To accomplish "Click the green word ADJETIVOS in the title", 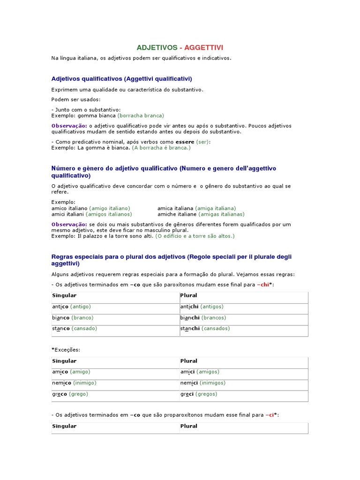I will coord(157,48).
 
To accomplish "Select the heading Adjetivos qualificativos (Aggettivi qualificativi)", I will coord(121,79).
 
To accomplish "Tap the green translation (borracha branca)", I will coord(141,115).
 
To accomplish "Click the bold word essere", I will coord(185,142).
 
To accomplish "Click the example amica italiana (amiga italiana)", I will coord(196,208).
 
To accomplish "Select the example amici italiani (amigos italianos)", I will coord(91,214).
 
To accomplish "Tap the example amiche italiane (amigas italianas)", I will coord(201,214).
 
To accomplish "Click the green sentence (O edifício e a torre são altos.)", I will coord(195,236).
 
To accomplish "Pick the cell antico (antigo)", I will coord(71,307).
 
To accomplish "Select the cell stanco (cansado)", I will coord(75,328).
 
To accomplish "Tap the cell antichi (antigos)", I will coord(202,307).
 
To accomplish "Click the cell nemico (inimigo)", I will coord(74,382).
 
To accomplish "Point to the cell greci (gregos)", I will coord(199,394).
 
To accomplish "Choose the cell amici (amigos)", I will coord(200,372).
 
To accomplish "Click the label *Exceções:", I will coord(66,350).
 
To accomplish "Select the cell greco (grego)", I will coord(70,394).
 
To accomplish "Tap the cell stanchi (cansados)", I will coord(205,328).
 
